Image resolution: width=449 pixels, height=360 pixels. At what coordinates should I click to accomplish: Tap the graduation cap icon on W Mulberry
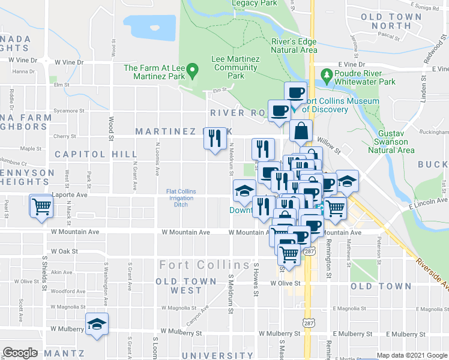click(x=97, y=324)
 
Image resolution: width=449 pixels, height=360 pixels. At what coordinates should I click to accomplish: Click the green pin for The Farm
click(x=192, y=71)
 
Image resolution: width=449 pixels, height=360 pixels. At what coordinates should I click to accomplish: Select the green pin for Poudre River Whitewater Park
click(x=327, y=76)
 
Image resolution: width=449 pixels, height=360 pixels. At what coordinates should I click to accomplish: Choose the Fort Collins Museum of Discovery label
click(x=341, y=106)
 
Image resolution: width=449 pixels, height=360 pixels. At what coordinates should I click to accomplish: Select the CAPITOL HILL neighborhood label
click(x=96, y=154)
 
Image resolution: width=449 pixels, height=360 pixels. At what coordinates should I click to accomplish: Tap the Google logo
click(x=20, y=353)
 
